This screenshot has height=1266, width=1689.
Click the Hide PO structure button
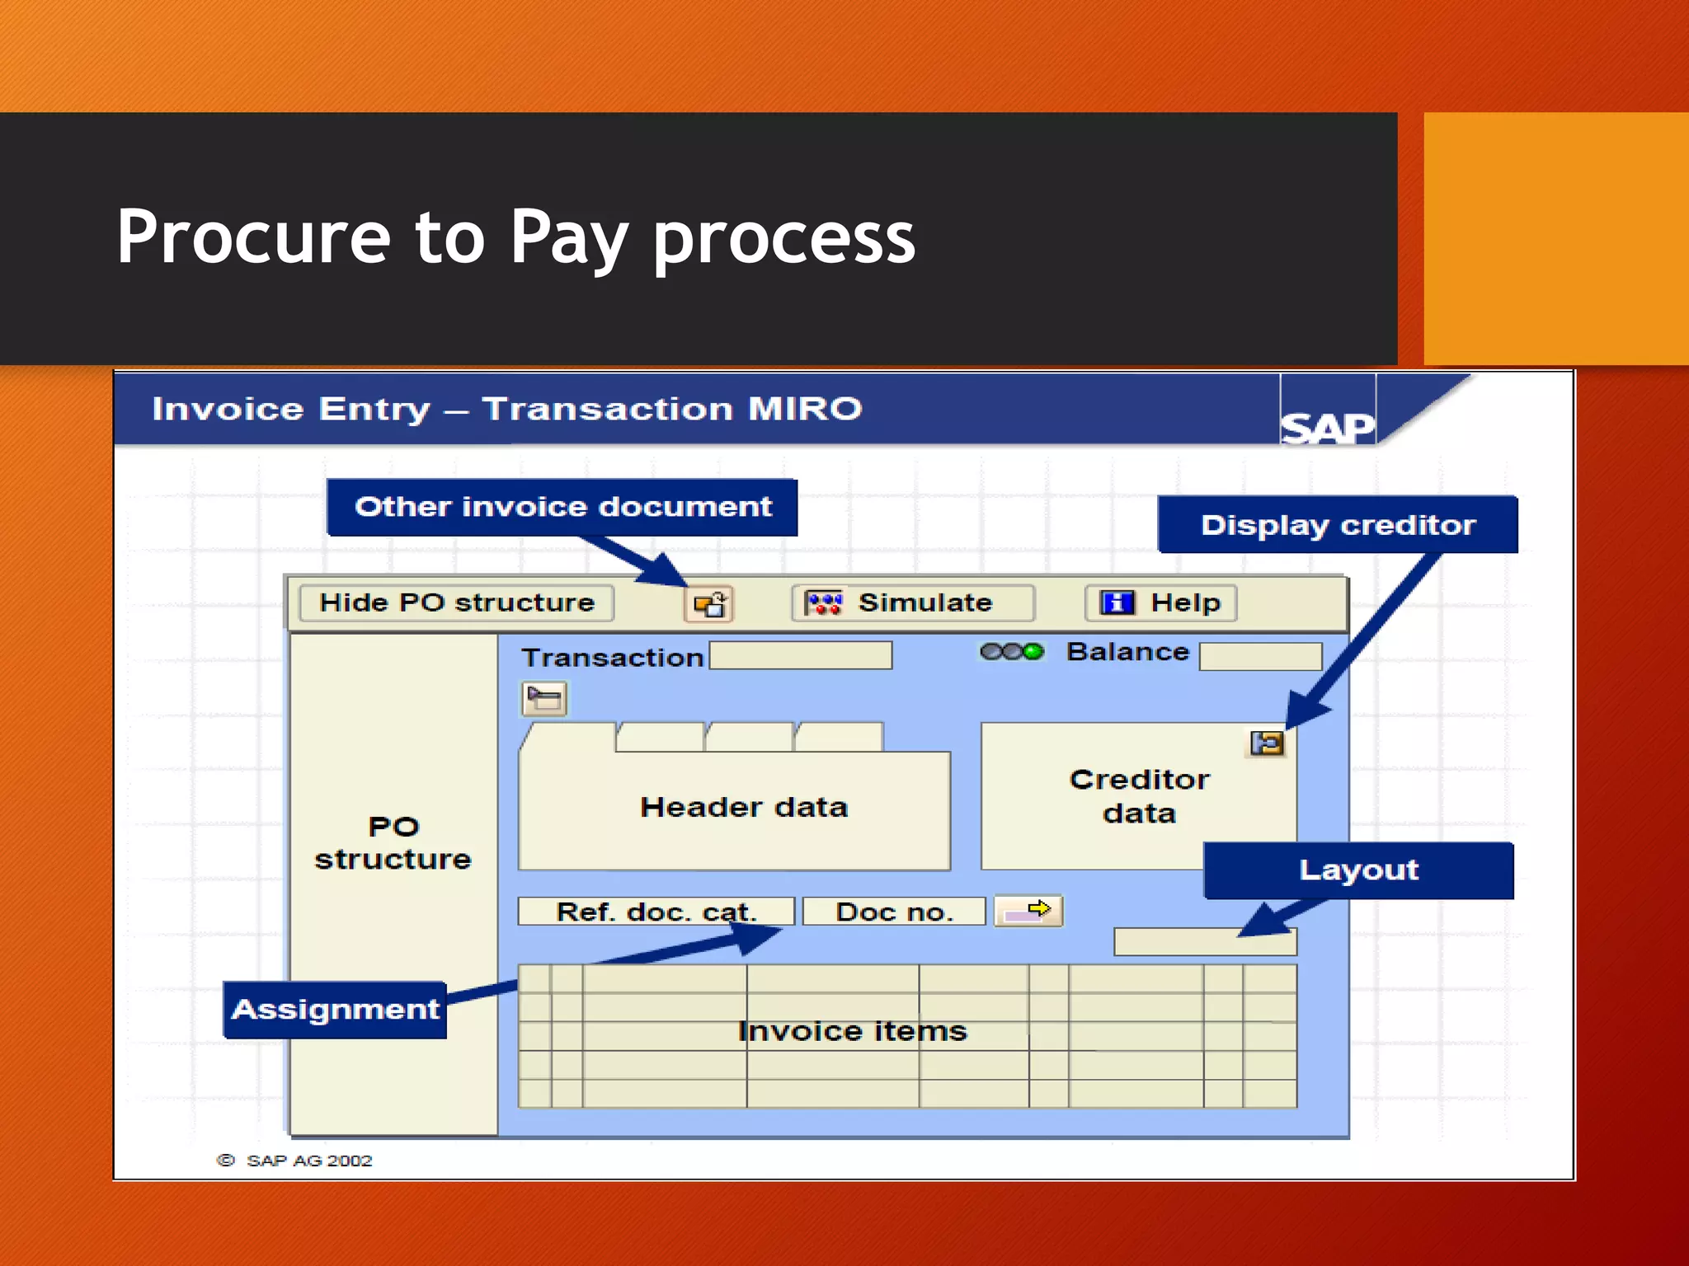(x=456, y=603)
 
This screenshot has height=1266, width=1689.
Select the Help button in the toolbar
(x=1161, y=603)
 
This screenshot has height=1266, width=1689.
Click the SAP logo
(x=1327, y=426)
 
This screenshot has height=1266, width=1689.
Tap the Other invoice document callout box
(x=562, y=507)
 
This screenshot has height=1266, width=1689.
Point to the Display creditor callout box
(x=1338, y=525)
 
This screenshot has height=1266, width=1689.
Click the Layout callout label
(x=1358, y=870)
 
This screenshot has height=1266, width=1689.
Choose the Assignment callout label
(x=335, y=1010)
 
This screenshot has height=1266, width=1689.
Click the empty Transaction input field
(x=800, y=656)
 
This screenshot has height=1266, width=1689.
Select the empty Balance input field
(x=1260, y=657)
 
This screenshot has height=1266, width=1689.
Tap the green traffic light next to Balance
(x=1033, y=652)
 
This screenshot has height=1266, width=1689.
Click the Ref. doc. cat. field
(x=656, y=912)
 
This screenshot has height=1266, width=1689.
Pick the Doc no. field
(x=894, y=912)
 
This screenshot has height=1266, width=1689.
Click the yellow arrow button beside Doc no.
(x=1028, y=911)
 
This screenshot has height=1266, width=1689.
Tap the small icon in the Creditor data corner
(x=1267, y=743)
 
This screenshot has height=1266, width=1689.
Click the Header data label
(x=743, y=807)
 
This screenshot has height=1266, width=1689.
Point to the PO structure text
(x=393, y=843)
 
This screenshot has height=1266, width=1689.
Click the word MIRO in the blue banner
(x=804, y=409)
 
